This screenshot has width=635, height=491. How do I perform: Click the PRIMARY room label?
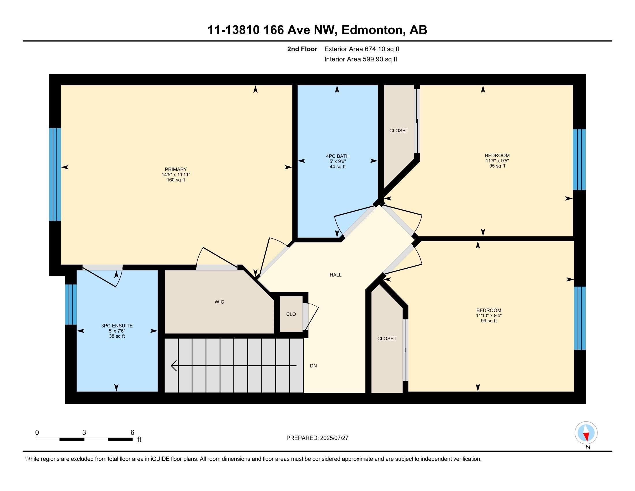click(x=175, y=169)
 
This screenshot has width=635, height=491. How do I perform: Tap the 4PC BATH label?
click(x=338, y=156)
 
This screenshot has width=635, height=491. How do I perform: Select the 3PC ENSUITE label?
click(x=117, y=326)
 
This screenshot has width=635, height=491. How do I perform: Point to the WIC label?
click(x=219, y=302)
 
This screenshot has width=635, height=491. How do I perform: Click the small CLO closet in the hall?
click(x=291, y=314)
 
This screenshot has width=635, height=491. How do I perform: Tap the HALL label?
click(x=335, y=275)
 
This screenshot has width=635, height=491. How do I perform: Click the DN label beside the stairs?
click(x=313, y=366)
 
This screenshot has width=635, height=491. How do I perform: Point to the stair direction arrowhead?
click(x=173, y=365)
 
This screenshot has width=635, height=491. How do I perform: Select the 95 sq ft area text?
click(x=497, y=166)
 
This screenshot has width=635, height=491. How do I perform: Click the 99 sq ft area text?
click(x=489, y=321)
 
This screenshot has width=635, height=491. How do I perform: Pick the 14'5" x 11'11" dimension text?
click(x=176, y=174)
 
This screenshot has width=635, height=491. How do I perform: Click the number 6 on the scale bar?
click(x=132, y=433)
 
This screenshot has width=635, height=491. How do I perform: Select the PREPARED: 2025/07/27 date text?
click(x=317, y=438)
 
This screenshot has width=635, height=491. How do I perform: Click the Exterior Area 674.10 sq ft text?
click(x=362, y=49)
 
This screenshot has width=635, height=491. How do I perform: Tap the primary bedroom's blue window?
click(x=55, y=174)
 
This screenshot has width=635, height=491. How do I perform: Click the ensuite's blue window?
click(x=71, y=304)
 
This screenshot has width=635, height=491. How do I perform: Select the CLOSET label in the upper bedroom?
click(x=399, y=131)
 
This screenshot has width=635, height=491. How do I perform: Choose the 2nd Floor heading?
click(x=302, y=49)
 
